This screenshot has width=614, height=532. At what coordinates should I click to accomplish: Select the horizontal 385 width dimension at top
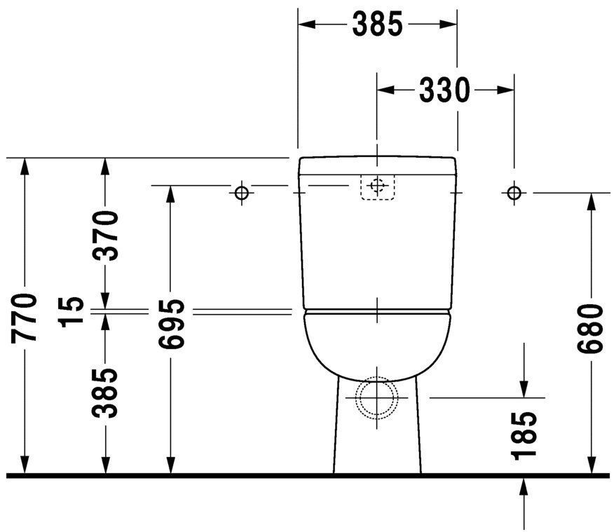click(x=377, y=24)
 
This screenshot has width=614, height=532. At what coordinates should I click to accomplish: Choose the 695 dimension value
click(x=170, y=324)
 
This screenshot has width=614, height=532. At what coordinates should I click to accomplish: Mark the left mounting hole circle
click(x=242, y=192)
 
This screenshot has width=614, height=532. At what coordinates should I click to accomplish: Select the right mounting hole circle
click(x=514, y=192)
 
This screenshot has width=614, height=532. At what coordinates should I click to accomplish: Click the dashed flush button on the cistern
click(x=378, y=186)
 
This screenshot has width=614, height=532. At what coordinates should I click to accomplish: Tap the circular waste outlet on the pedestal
click(x=377, y=397)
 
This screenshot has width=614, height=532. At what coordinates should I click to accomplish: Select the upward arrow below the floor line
click(x=524, y=488)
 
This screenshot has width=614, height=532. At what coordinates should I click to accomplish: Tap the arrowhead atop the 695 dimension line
click(x=170, y=193)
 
